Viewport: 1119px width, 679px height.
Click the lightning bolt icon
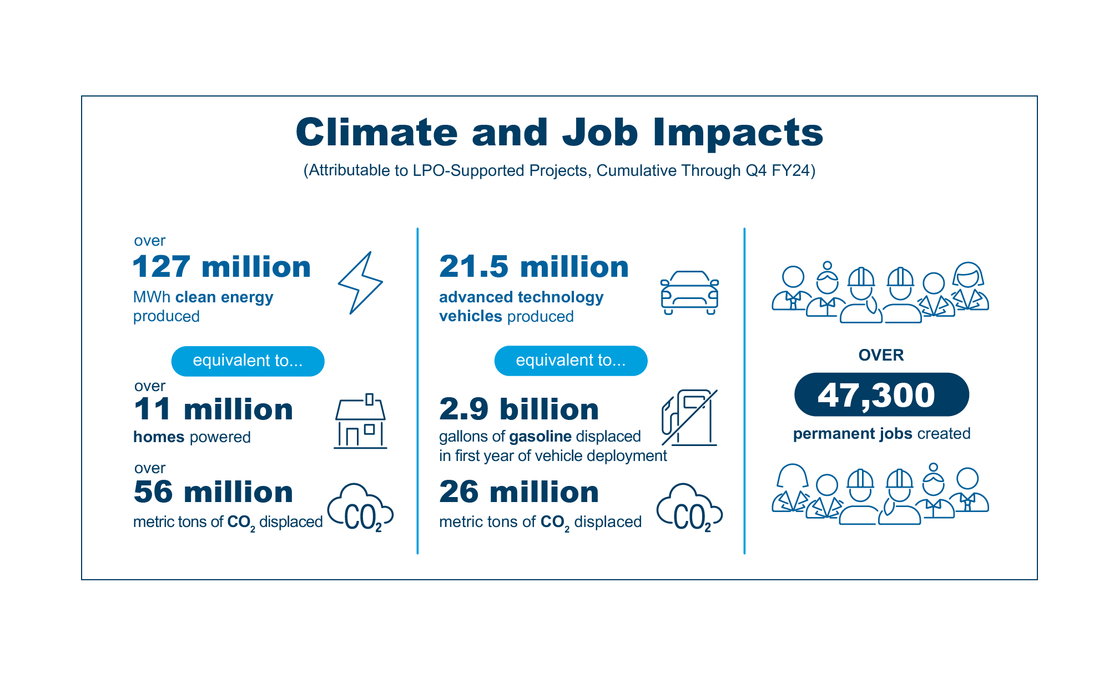point(360,283)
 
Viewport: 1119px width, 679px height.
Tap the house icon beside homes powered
point(360,421)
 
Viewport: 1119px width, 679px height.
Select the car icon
point(689,292)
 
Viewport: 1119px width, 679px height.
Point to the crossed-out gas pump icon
point(689,418)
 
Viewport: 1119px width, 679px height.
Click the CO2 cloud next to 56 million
point(360,508)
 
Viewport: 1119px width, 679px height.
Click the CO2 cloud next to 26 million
point(689,508)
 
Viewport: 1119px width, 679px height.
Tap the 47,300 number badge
point(881,395)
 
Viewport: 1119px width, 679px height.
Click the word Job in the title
point(600,133)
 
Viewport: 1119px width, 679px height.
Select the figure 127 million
point(221,267)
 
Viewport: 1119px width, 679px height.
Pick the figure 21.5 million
point(534,267)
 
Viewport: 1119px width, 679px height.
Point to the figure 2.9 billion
point(519,409)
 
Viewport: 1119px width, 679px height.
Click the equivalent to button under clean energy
point(248,361)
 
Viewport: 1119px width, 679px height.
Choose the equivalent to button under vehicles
point(571,361)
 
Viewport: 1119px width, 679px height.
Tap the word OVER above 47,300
point(881,355)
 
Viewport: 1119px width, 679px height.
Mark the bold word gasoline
point(540,437)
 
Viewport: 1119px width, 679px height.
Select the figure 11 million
point(213,409)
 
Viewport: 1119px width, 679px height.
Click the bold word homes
point(159,437)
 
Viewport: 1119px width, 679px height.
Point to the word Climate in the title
point(376,133)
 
